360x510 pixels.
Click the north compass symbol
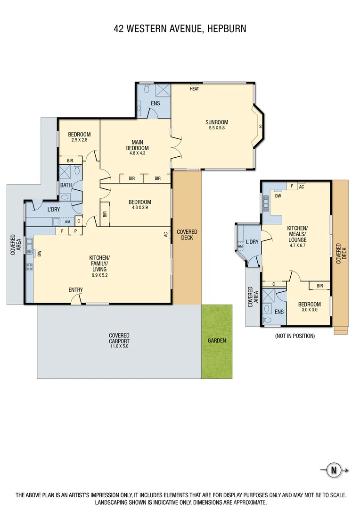point(334,470)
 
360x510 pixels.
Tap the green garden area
point(217,341)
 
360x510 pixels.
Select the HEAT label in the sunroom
point(194,89)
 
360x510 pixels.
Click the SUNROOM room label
point(217,121)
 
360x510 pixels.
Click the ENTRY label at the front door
point(76,289)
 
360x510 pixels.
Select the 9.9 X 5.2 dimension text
point(99,275)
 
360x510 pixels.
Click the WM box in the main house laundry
point(67,221)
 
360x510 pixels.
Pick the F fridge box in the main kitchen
point(62,231)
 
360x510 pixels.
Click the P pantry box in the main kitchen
point(75,231)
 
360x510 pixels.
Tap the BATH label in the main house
point(65,185)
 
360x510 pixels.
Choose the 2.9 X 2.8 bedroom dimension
point(79,140)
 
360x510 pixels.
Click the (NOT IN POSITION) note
point(295,336)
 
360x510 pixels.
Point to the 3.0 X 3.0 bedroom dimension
point(309,310)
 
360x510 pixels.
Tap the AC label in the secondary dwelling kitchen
point(302,187)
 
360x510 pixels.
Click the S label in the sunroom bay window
point(260,127)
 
